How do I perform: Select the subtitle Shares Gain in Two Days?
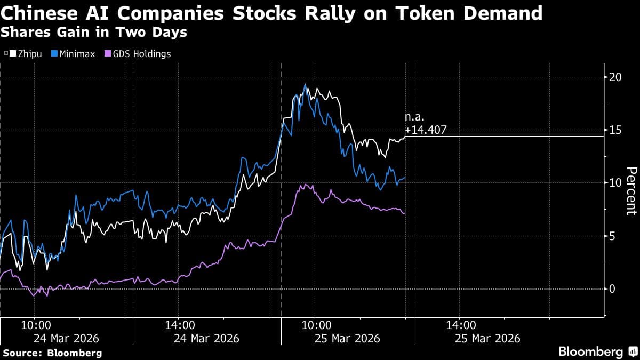pyautogui.click(x=94, y=32)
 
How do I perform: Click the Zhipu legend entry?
pyautogui.click(x=23, y=54)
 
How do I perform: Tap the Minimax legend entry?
pyautogui.click(x=74, y=54)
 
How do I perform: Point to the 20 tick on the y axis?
pyautogui.click(x=616, y=77)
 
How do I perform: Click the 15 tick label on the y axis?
pyautogui.click(x=616, y=130)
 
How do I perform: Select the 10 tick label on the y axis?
pyautogui.click(x=616, y=182)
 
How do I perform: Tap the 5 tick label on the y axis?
pyautogui.click(x=613, y=236)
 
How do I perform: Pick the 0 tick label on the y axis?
pyautogui.click(x=613, y=289)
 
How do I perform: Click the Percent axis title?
pyautogui.click(x=631, y=190)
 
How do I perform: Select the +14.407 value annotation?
pyautogui.click(x=426, y=129)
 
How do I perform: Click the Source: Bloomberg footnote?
pyautogui.click(x=52, y=353)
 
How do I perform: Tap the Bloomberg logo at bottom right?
pyautogui.click(x=597, y=351)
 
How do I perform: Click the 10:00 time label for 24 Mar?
pyautogui.click(x=36, y=324)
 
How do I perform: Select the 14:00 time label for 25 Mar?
pyautogui.click(x=461, y=324)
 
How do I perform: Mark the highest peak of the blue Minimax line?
pyautogui.click(x=305, y=84)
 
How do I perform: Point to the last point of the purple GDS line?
pyautogui.click(x=405, y=213)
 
